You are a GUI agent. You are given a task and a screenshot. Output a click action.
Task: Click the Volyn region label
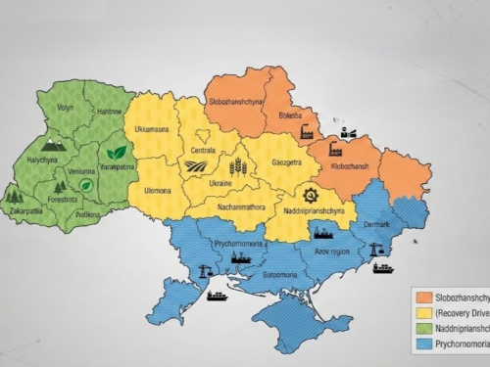coord(66,107)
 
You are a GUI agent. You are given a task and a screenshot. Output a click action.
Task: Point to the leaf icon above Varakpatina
coord(117,153)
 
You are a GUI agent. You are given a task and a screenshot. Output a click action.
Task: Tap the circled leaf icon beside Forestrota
coord(87,184)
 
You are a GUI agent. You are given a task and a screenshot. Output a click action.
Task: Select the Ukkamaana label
coord(151,129)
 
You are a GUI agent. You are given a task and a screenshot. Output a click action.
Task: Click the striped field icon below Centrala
coord(196,166)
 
